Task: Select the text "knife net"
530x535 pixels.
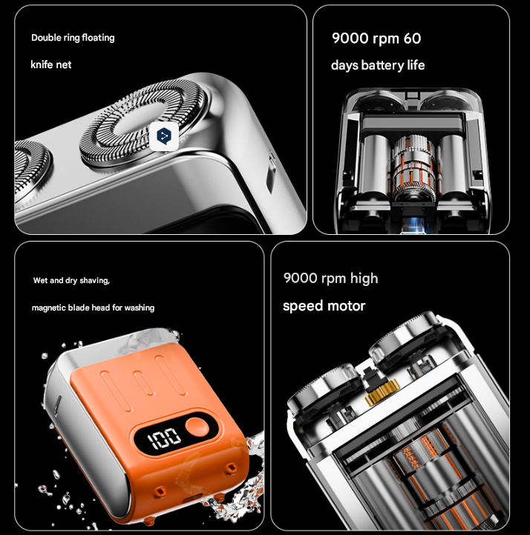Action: point(51,64)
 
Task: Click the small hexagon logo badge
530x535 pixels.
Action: point(163,135)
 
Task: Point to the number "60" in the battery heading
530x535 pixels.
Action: point(411,39)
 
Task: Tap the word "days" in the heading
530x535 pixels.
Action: point(344,65)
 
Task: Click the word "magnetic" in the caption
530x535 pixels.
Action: point(49,308)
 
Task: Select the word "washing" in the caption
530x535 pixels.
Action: point(140,308)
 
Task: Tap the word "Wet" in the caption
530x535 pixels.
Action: point(41,281)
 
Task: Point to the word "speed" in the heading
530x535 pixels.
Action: point(304,306)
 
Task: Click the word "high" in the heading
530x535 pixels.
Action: point(364,279)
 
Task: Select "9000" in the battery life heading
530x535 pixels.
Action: point(350,39)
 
